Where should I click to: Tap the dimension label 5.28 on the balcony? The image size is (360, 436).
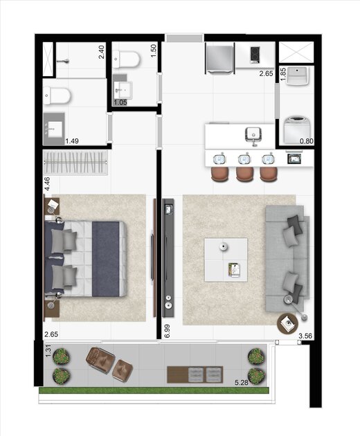241,382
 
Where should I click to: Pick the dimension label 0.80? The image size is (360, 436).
307,141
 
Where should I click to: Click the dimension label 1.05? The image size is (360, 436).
120,102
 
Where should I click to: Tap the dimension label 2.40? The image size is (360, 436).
101,52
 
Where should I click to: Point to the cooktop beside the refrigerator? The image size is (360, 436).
254,53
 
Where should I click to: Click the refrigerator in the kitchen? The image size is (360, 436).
219,57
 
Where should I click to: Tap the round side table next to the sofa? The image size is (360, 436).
288,323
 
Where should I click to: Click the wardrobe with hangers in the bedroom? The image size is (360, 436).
76,164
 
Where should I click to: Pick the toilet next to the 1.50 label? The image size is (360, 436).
129,62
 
